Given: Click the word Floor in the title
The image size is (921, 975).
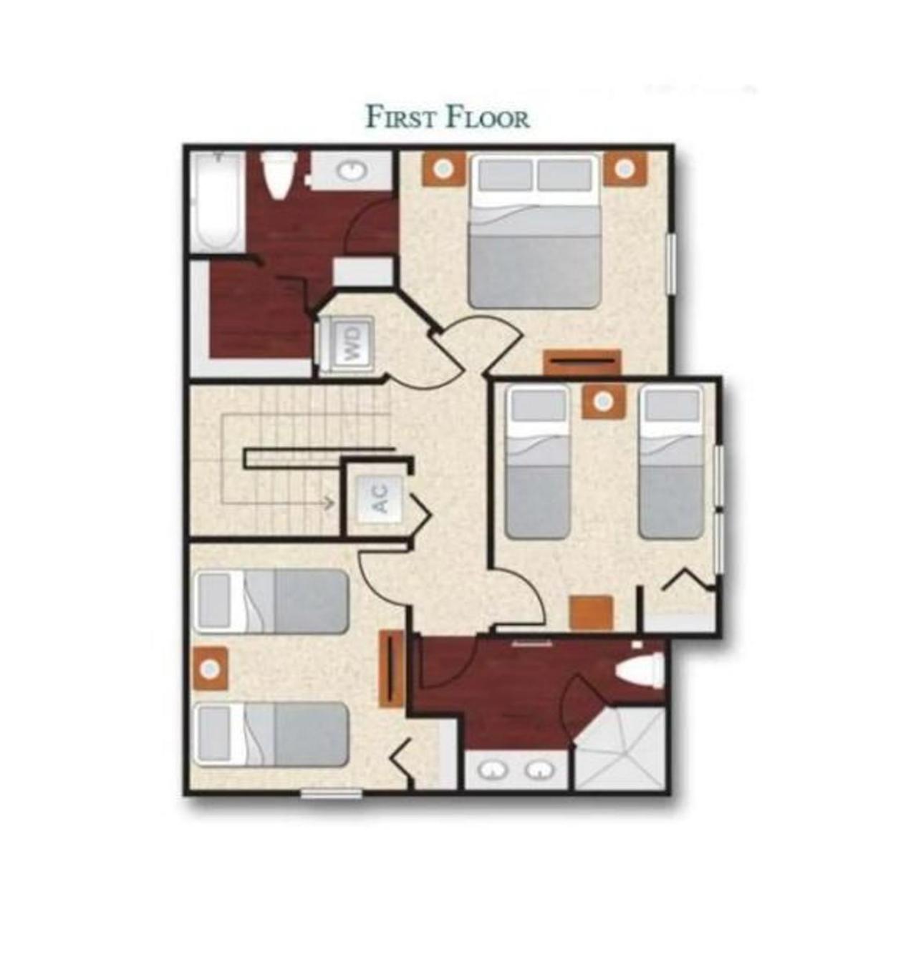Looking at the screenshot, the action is point(488,117).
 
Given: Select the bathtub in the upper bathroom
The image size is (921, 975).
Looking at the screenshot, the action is point(217,201).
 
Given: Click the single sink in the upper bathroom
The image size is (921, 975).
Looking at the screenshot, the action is point(352,170).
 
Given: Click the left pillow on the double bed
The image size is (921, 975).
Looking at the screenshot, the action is point(506,174).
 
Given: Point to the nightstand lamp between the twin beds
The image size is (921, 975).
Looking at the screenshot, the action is point(603,402).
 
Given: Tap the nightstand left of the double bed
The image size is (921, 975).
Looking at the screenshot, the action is point(443,168).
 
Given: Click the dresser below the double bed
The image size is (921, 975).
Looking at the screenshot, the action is point(582,362).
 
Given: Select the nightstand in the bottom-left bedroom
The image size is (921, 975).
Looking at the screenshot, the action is point(211,668).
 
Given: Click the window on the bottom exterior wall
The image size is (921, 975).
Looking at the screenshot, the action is point(332,793).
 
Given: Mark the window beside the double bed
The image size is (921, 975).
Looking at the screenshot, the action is point(671,263).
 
